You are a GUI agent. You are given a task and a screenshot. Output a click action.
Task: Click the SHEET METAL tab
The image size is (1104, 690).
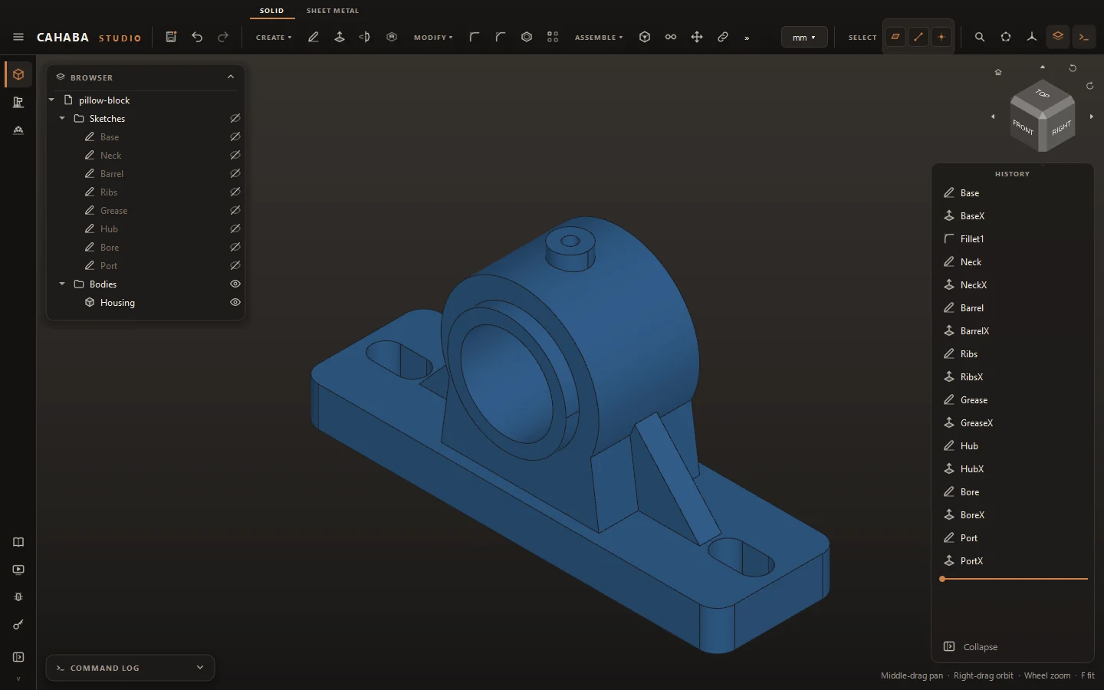click(x=332, y=11)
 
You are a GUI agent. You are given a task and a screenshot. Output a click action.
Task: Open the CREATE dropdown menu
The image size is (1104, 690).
click(x=274, y=37)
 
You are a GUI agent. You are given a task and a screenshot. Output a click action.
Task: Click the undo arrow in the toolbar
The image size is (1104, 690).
click(x=197, y=37)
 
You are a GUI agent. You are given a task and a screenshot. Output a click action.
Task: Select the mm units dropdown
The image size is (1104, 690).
click(x=803, y=37)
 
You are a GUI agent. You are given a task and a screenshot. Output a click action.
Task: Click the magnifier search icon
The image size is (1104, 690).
click(x=979, y=37)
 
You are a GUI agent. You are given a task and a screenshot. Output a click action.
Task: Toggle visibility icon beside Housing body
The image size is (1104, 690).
click(x=235, y=302)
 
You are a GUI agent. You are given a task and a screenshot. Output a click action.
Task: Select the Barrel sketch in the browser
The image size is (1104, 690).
click(x=112, y=173)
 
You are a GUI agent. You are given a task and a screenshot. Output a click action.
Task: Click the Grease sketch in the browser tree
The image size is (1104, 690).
click(x=113, y=210)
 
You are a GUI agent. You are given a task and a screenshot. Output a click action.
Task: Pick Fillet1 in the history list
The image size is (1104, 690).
click(x=972, y=239)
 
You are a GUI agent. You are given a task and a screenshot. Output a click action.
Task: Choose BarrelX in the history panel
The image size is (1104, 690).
click(x=974, y=330)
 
